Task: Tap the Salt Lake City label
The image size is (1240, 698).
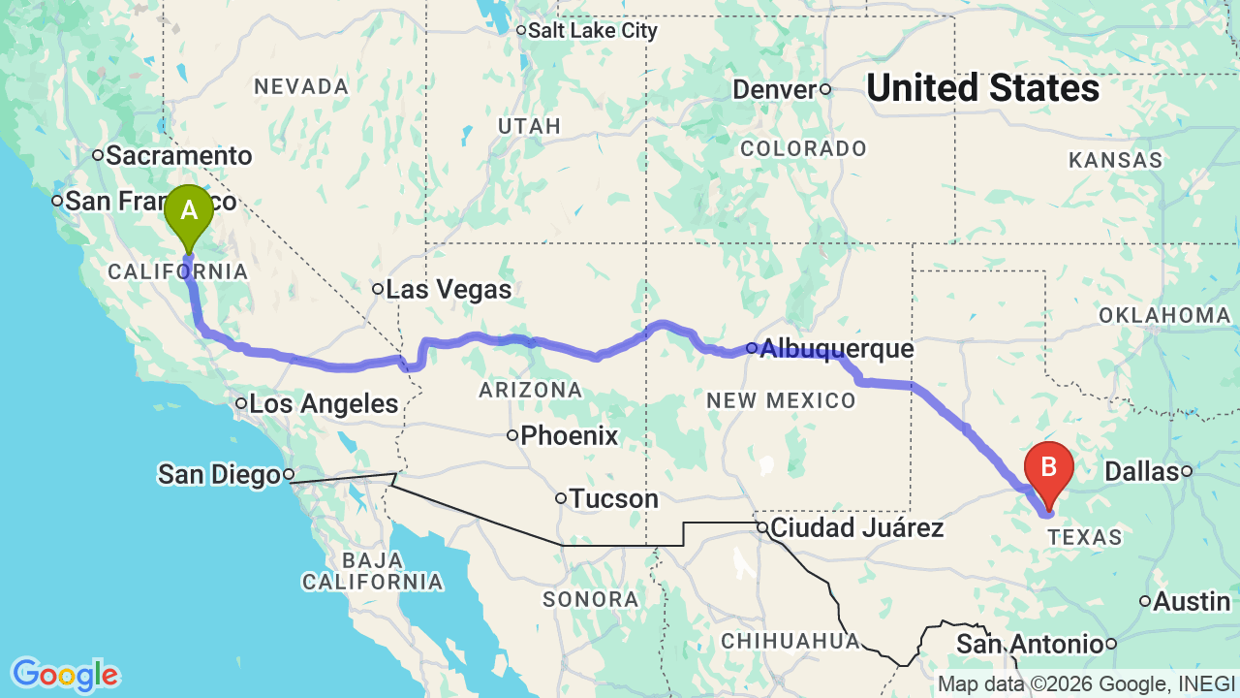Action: [592, 31]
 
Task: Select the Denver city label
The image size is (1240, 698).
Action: [775, 89]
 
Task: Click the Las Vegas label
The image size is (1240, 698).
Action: [449, 289]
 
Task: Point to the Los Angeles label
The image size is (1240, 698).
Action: [324, 403]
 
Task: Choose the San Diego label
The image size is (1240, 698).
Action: [218, 474]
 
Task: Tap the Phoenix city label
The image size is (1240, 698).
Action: [569, 435]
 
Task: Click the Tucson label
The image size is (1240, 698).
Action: [613, 498]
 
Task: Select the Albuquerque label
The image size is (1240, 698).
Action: [836, 348]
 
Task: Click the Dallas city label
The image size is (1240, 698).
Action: [1140, 471]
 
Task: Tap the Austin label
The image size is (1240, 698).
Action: [1192, 601]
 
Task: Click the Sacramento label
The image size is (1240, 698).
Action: [178, 155]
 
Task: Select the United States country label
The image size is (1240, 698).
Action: [982, 88]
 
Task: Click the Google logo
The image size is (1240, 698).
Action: [65, 675]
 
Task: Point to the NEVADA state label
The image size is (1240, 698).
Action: [301, 86]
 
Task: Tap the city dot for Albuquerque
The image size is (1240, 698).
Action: [752, 347]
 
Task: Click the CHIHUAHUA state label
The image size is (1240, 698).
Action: [790, 640]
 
